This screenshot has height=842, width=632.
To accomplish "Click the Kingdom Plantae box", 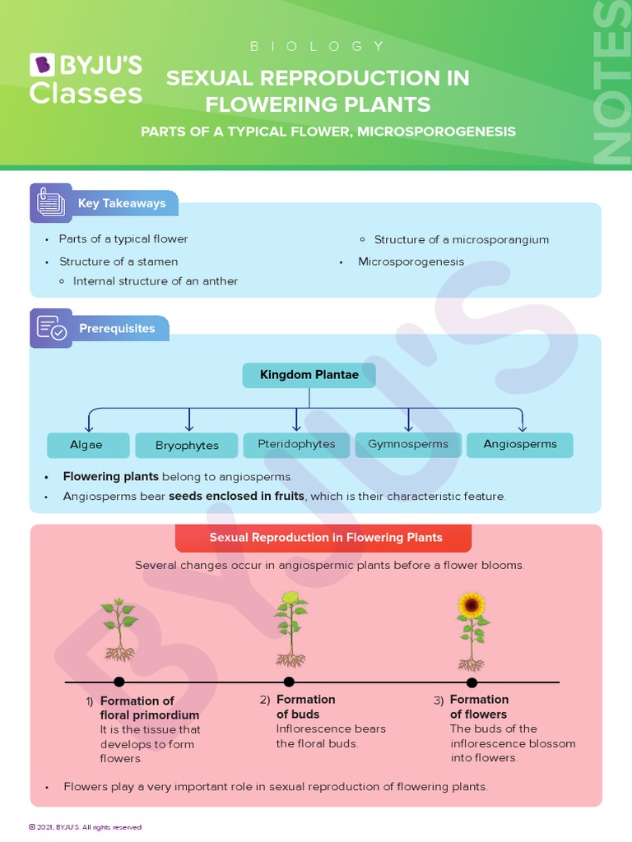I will [309, 375].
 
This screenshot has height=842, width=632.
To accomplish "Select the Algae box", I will [87, 445].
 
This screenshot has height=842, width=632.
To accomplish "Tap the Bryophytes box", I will [188, 446].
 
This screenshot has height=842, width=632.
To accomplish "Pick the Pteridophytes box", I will [296, 444].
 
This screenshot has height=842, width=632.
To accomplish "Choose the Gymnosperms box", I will [407, 444].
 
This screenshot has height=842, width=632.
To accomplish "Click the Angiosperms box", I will [519, 444].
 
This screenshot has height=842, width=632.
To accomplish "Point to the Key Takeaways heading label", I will [121, 203].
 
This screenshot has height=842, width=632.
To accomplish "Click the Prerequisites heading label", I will [117, 328].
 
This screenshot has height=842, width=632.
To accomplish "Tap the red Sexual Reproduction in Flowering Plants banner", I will [323, 538].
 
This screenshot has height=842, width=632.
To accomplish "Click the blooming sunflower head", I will [472, 606].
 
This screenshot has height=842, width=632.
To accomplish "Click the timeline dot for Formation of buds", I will [289, 682].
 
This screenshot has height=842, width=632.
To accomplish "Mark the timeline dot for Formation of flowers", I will [472, 682].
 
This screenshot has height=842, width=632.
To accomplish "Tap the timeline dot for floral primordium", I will [119, 682].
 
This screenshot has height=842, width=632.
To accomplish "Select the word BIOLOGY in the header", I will [317, 47].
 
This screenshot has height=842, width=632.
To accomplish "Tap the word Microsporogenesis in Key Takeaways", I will [411, 261].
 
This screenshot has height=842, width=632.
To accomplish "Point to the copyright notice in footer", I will [85, 827].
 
